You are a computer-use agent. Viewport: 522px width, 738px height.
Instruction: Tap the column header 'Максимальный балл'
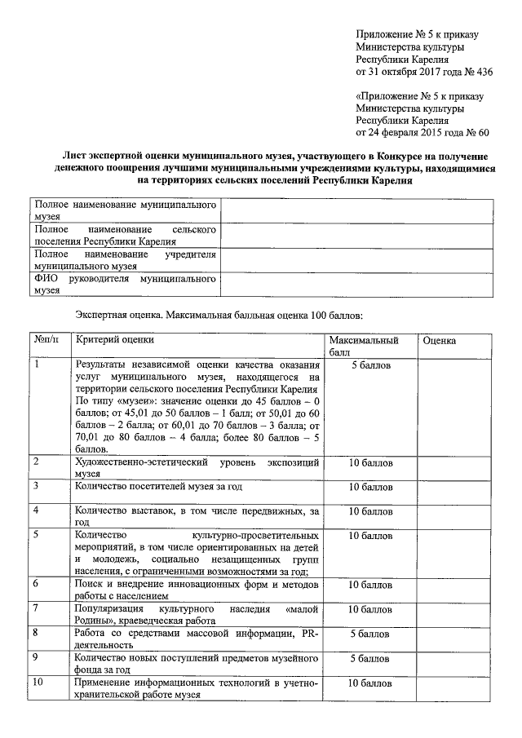pos(364,346)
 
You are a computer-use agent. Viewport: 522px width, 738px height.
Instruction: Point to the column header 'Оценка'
pos(440,339)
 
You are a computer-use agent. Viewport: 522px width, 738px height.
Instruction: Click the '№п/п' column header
pos(48,339)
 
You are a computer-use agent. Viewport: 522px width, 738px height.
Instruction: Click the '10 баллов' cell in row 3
pos(370,487)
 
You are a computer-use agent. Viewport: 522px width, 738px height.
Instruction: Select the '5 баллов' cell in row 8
pos(370,633)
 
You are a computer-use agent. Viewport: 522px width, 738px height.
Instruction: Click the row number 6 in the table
pos(37,584)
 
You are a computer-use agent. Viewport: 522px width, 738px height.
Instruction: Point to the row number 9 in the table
pos(37,657)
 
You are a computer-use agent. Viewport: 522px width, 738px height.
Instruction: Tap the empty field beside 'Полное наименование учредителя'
pos(357,259)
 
